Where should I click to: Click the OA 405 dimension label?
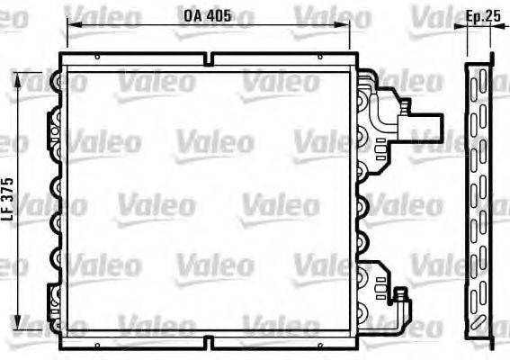coord(207,15)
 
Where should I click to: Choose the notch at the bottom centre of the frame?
coord(208,341)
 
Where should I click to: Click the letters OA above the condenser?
coord(192,15)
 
